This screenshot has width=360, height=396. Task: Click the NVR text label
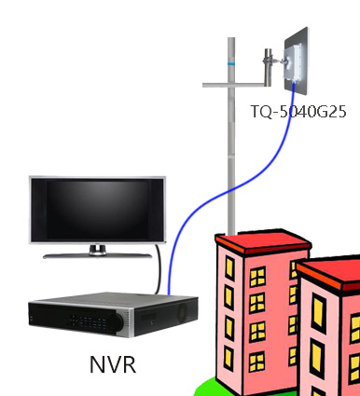pos(113,364)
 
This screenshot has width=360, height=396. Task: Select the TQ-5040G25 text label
pos(298,111)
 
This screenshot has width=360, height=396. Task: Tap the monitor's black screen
pos(97,210)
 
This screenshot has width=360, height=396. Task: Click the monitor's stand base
pos(97,256)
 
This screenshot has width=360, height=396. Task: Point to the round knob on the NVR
pos(117,321)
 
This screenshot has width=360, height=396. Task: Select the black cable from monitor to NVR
pos(159,268)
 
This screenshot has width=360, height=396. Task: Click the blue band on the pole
pos(231,64)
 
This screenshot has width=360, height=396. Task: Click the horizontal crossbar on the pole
pos(234,85)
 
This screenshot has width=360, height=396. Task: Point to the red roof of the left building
pos(263,242)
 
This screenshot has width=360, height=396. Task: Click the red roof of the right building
pos(328,273)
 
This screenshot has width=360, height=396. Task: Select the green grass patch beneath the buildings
pos(205,388)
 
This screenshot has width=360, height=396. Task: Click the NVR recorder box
pos(113,314)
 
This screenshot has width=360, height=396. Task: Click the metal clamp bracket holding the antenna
pos(268,68)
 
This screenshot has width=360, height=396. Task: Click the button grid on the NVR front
pos(88,321)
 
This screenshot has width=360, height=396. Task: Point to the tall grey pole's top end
pos(231,38)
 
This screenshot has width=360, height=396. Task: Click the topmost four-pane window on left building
pos(257,277)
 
